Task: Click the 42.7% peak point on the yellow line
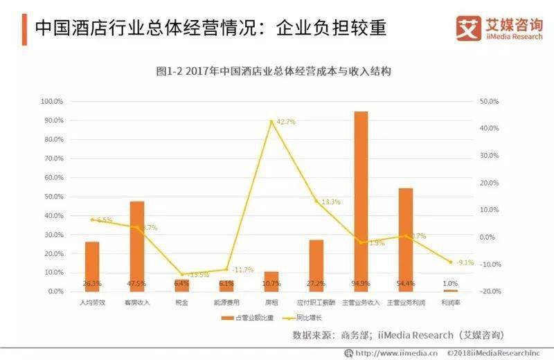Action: pos(271,121)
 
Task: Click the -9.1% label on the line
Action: pos(465,262)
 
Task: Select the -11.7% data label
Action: pos(242,269)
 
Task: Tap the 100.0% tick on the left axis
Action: pos(53,101)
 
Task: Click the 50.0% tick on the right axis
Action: pos(490,101)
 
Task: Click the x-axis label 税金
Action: pos(181,303)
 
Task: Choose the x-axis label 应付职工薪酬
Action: pos(316,303)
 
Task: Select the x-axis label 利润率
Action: pos(450,303)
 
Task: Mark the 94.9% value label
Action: pos(361,283)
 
